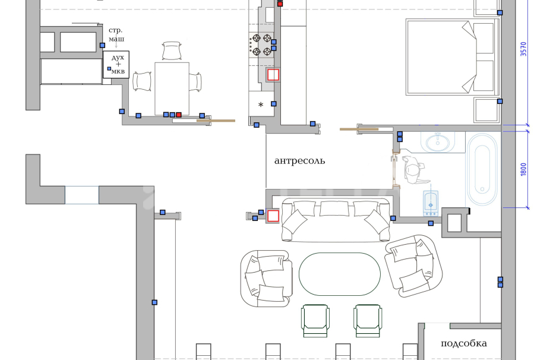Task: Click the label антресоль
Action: (299, 161)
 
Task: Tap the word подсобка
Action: (464, 343)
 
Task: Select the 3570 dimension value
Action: (523, 49)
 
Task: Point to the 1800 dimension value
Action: (523, 169)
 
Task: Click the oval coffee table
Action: (340, 274)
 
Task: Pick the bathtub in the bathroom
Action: (482, 170)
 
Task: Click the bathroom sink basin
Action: (437, 143)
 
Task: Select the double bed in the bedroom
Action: (453, 57)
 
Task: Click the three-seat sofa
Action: (336, 220)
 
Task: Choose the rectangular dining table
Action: (172, 89)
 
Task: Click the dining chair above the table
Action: (172, 50)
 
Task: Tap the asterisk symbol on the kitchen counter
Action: (261, 105)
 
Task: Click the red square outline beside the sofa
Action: (273, 216)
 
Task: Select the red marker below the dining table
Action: (179, 115)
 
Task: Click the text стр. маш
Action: (116, 34)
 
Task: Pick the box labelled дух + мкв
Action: (116, 65)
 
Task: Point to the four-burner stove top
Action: (261, 45)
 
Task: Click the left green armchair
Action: (315, 321)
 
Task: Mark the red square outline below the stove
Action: (273, 75)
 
